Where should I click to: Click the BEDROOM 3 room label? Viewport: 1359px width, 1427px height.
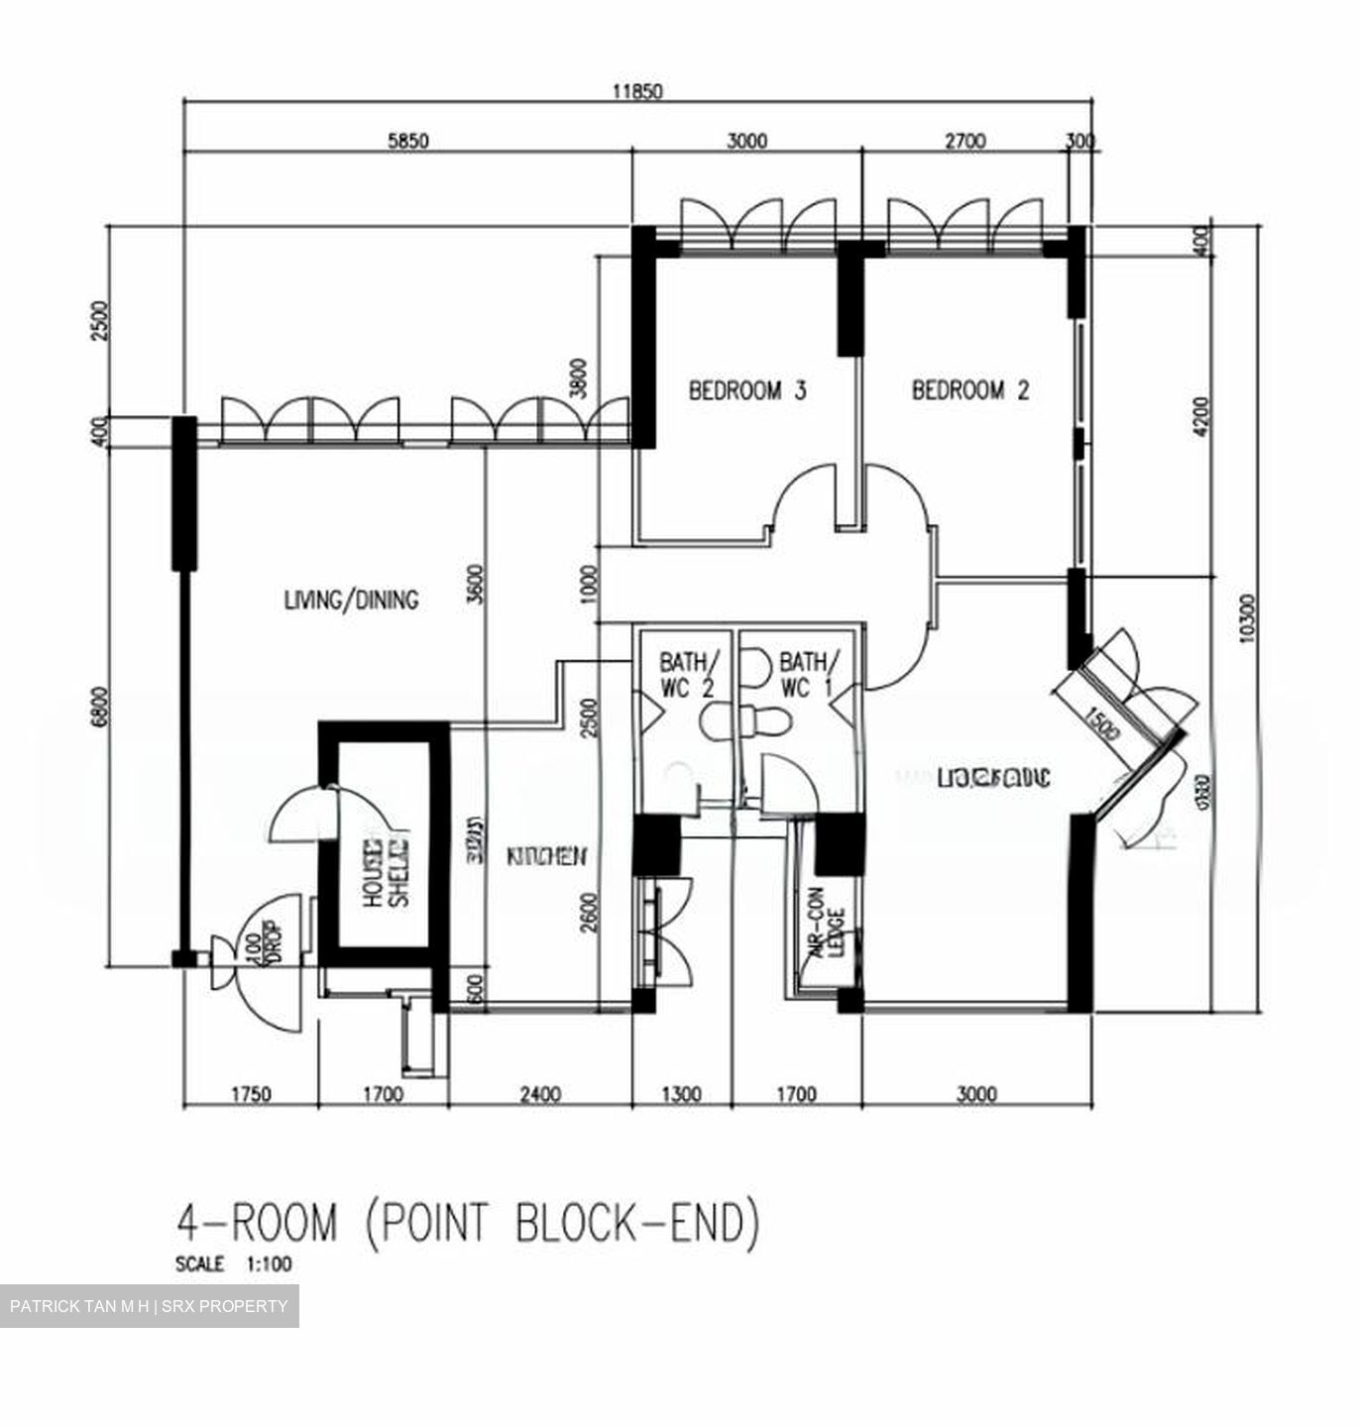point(746,390)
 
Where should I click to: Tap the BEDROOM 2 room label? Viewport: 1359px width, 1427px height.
point(969,390)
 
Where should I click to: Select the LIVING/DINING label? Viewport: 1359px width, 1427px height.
point(351,600)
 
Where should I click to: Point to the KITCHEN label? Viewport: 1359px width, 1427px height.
point(547,856)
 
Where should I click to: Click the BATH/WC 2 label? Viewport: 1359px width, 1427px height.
point(686,674)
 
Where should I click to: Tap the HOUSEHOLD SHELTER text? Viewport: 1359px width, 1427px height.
point(385,873)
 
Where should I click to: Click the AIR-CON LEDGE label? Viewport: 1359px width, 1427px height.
point(826,933)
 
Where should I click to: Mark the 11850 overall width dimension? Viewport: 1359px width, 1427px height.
point(636,92)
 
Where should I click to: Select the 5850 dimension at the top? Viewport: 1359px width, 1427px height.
point(407,142)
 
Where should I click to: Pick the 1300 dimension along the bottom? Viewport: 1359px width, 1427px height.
point(680,1095)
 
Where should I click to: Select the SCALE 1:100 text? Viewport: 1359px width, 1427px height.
point(233,1264)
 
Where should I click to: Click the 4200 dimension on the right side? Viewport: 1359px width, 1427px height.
point(1201,416)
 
